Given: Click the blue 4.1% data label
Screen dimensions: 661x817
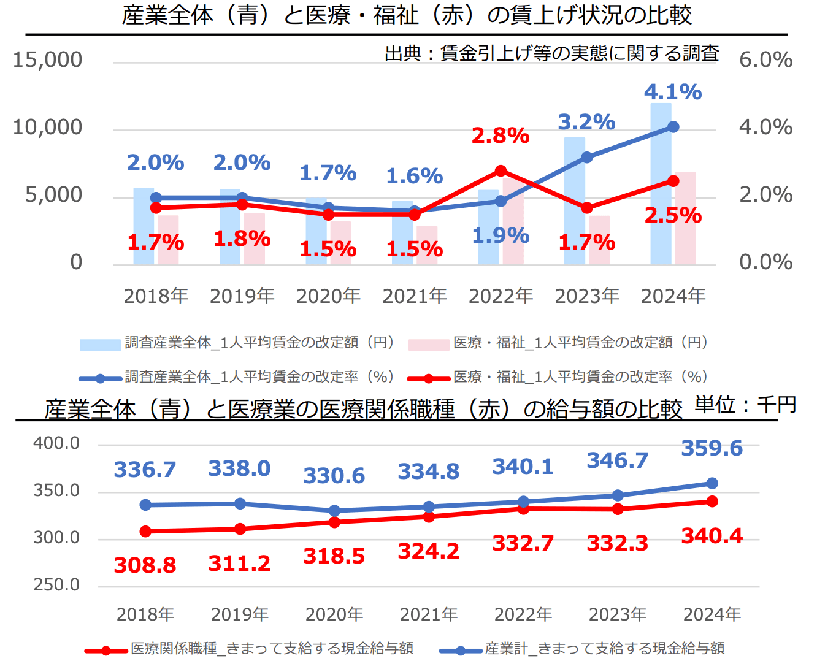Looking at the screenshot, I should (673, 92).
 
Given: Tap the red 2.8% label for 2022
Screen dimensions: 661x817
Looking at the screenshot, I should (500, 136).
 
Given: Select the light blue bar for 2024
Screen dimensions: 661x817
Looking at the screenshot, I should (661, 184).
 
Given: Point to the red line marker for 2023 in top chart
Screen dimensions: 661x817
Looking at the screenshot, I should (587, 208).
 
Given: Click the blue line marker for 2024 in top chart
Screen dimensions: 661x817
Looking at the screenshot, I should (673, 127).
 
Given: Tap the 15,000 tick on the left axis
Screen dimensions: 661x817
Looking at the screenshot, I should (47, 59).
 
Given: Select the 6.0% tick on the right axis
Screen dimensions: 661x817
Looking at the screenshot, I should (765, 59).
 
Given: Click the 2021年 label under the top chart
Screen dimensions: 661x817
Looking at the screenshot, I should (415, 296).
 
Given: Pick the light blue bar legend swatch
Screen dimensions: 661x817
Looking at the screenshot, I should (100, 344).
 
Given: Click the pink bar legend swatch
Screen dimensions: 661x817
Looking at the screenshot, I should (429, 344).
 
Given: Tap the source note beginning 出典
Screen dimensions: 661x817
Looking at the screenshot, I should (551, 53).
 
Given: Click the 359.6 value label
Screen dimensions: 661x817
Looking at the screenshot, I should (712, 448).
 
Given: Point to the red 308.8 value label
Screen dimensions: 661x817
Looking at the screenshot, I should (145, 565).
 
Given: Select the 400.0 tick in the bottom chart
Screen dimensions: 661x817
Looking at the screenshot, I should (56, 443).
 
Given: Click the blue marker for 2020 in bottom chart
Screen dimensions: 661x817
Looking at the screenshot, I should (334, 511).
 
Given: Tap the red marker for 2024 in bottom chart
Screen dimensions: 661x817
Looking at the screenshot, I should (712, 502).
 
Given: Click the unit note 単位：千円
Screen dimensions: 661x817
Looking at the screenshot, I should (745, 405).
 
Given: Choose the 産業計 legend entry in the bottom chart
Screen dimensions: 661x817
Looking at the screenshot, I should (604, 649).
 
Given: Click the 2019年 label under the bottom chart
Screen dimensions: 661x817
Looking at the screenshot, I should (240, 614).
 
